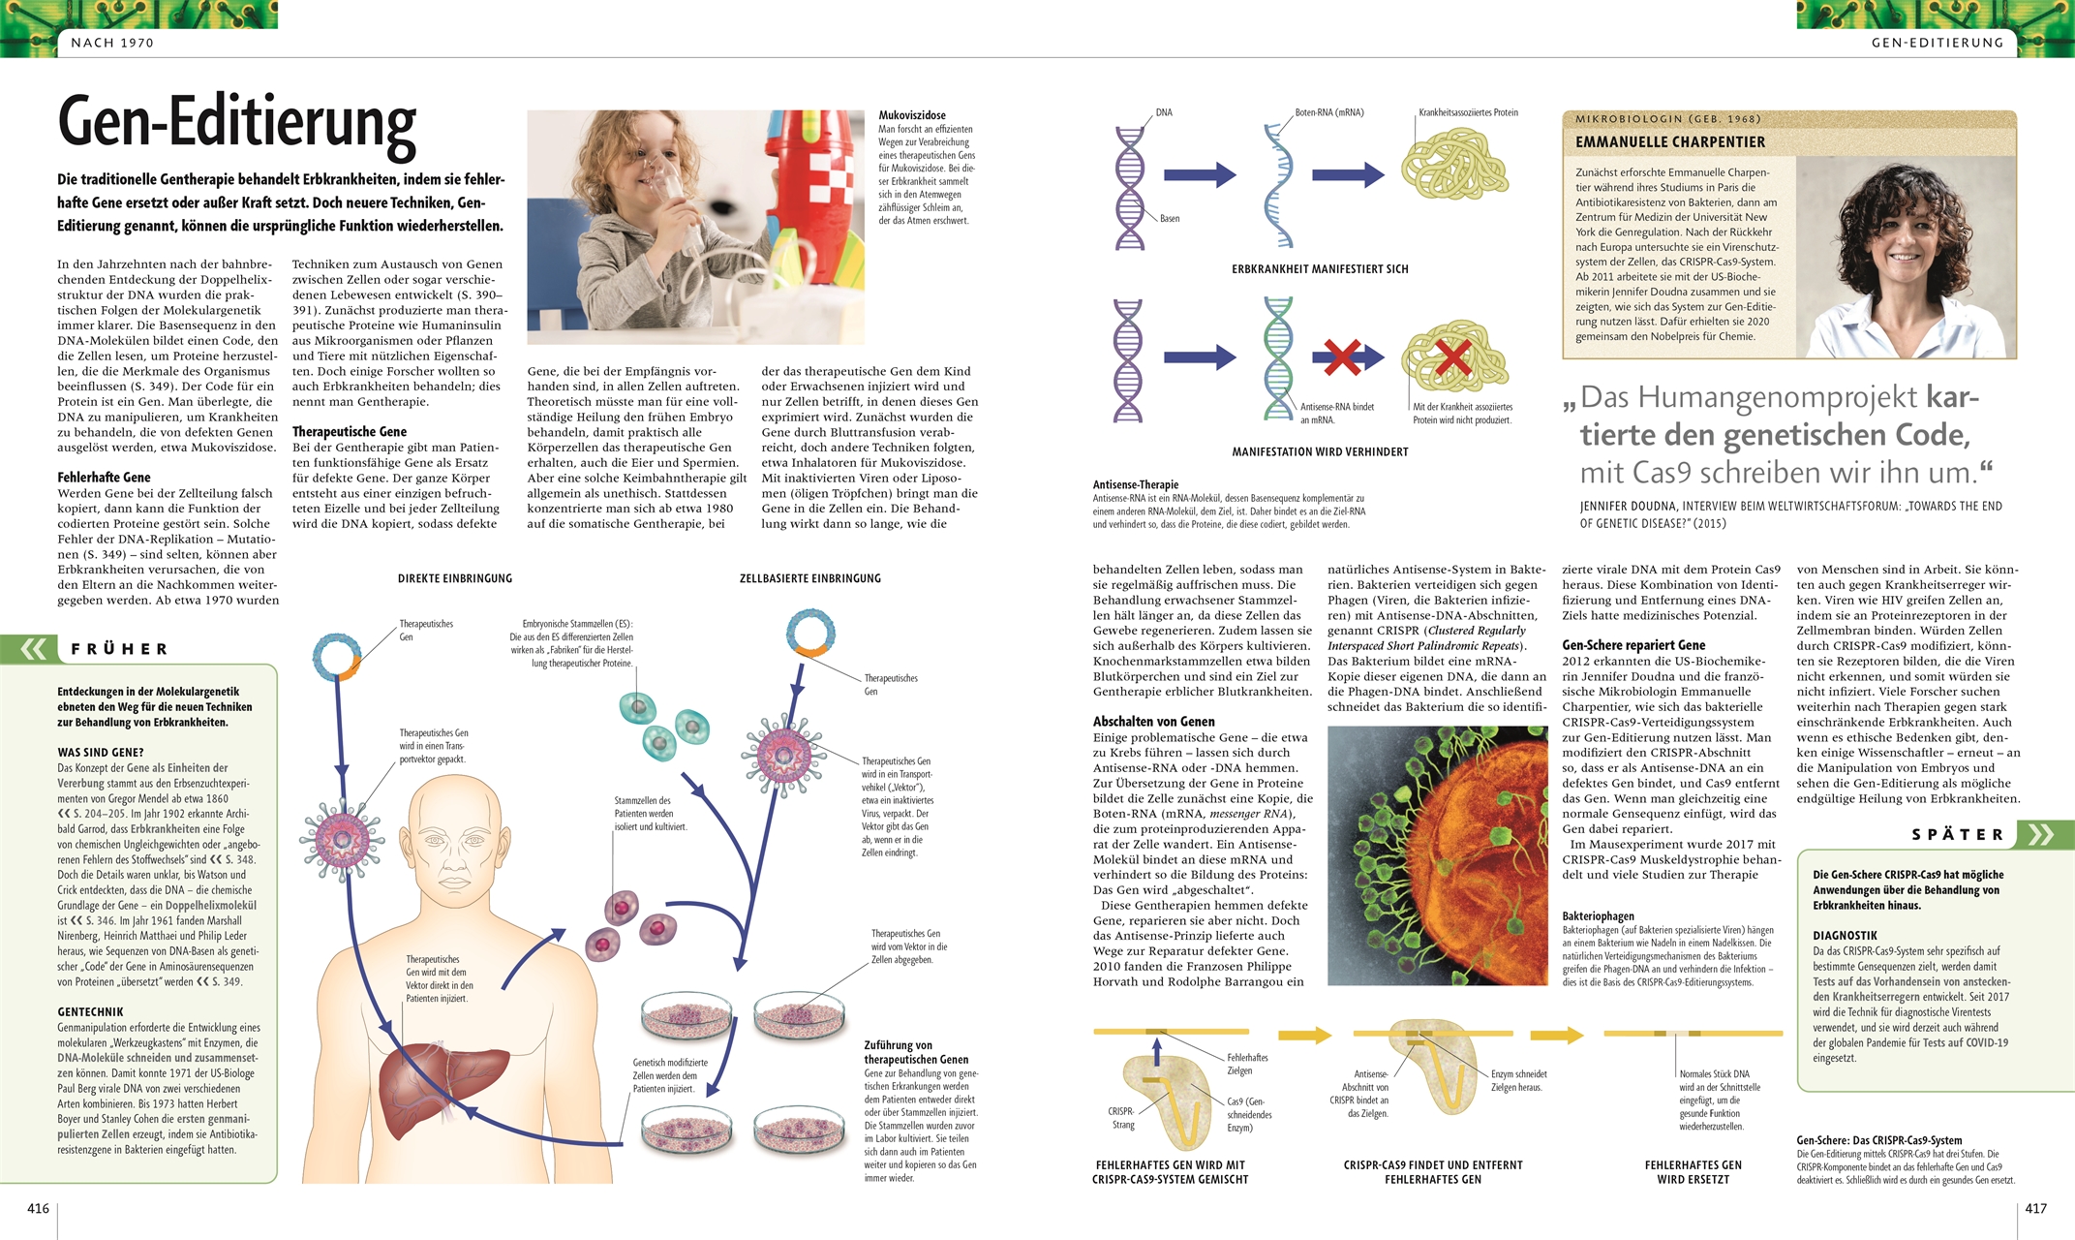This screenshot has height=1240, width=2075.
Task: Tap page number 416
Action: pyautogui.click(x=38, y=1208)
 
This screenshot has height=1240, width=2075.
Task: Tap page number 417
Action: pyautogui.click(x=2035, y=1208)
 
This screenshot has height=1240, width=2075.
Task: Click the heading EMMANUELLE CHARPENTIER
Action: pyautogui.click(x=1670, y=142)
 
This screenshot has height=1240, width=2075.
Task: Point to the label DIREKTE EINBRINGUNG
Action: pyautogui.click(x=455, y=578)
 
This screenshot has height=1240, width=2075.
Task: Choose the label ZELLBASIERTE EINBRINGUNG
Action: pyautogui.click(x=810, y=578)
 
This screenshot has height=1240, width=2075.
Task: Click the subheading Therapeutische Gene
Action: pyautogui.click(x=350, y=432)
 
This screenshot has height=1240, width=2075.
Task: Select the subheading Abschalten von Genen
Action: pyautogui.click(x=1153, y=722)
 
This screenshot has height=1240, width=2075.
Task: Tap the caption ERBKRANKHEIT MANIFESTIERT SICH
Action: pyautogui.click(x=1320, y=269)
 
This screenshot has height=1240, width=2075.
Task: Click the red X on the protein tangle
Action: pyautogui.click(x=1452, y=356)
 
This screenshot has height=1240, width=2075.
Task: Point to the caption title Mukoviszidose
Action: pyautogui.click(x=912, y=115)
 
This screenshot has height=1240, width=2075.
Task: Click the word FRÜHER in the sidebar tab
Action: pyautogui.click(x=120, y=649)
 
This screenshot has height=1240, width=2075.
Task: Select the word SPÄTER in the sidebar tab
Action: pyautogui.click(x=1957, y=835)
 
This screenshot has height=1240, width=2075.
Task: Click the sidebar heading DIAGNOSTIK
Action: pyautogui.click(x=1845, y=936)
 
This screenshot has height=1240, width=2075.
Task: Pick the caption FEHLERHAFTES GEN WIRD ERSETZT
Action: pyautogui.click(x=1693, y=1172)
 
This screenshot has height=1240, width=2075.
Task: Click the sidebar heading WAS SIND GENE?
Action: pyautogui.click(x=101, y=753)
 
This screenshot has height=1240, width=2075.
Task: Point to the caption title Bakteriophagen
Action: pyautogui.click(x=1598, y=916)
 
